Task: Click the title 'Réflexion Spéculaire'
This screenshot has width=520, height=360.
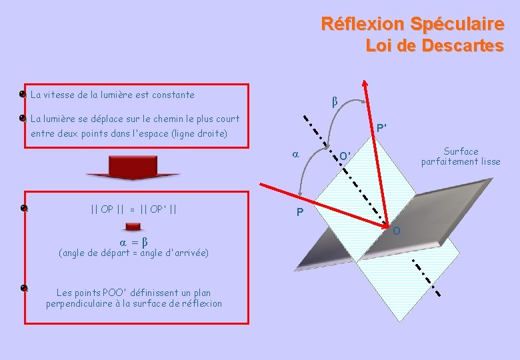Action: pos(412,24)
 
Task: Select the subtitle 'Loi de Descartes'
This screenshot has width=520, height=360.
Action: pos(434,46)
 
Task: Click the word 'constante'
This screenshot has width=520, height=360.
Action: pos(172,95)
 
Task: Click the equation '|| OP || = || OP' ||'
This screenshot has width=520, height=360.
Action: pos(133,209)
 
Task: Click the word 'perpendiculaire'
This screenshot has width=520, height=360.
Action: pos(81,304)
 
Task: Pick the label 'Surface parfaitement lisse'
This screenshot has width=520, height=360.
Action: pos(460,157)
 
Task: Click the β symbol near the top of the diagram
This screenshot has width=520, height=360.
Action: pos(335,102)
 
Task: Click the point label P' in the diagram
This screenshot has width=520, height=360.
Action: pos(383,128)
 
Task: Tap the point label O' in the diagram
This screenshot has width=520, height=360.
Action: pos(345,156)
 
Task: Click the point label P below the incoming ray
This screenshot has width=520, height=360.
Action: pos(300,213)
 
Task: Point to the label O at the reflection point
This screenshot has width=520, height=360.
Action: pos(397,231)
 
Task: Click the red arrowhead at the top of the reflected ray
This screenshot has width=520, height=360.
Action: pos(365,85)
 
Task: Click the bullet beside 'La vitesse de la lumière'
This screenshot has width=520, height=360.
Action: pos(23,95)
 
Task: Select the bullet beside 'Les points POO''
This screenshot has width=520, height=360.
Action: pos(23,288)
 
